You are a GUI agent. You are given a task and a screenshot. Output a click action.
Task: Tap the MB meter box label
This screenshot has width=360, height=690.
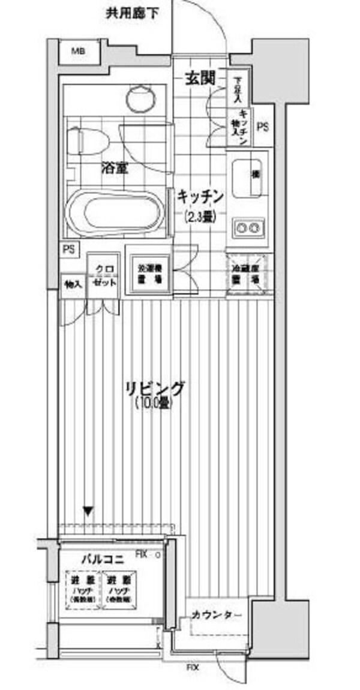79,52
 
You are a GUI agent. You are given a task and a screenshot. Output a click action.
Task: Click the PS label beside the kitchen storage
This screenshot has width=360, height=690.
262,127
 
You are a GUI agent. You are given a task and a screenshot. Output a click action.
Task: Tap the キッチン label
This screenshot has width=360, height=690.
200,196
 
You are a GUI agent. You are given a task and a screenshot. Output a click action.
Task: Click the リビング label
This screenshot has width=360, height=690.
154,389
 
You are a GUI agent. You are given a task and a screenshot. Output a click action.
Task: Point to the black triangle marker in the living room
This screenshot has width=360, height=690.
88,512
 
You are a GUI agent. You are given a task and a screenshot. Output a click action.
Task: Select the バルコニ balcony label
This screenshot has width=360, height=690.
103,560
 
